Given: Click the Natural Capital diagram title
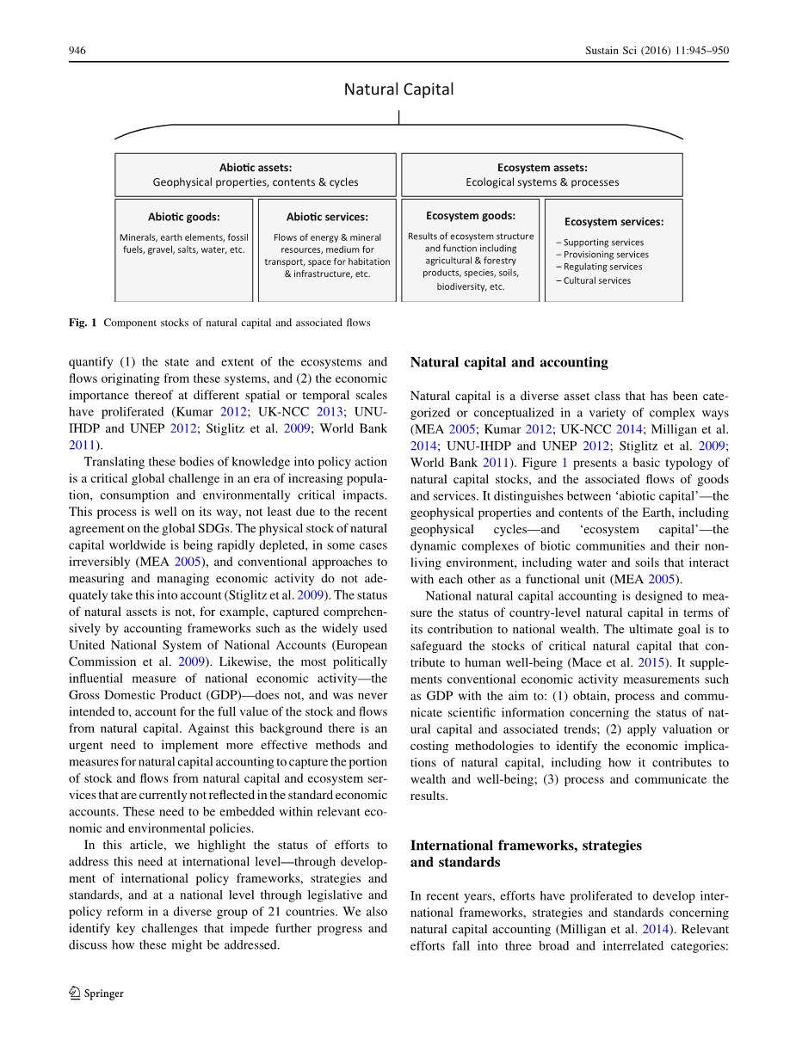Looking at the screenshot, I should pos(398,89).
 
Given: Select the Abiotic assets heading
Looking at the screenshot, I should pos(256,168).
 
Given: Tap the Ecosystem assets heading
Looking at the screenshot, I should pos(542,168).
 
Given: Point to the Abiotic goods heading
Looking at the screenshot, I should pos(184,217).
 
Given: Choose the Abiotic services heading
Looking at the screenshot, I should pos(327,217).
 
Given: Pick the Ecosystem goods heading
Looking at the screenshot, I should pos(471,216).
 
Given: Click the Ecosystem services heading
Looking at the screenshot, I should pos(614,222).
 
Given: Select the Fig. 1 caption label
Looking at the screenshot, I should pos(83,323).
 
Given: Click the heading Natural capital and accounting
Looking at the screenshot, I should pos(509,362).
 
